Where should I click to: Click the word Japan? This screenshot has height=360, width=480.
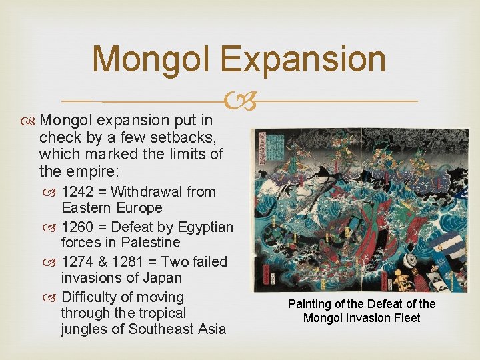(163, 278)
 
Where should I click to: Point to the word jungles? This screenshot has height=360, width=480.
(83, 329)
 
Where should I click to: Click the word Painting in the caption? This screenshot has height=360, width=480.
(311, 304)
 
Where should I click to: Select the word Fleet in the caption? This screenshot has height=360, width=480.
(407, 318)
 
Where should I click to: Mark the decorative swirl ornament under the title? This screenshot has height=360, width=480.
(241, 101)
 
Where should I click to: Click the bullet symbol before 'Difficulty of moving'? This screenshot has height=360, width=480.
(51, 297)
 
